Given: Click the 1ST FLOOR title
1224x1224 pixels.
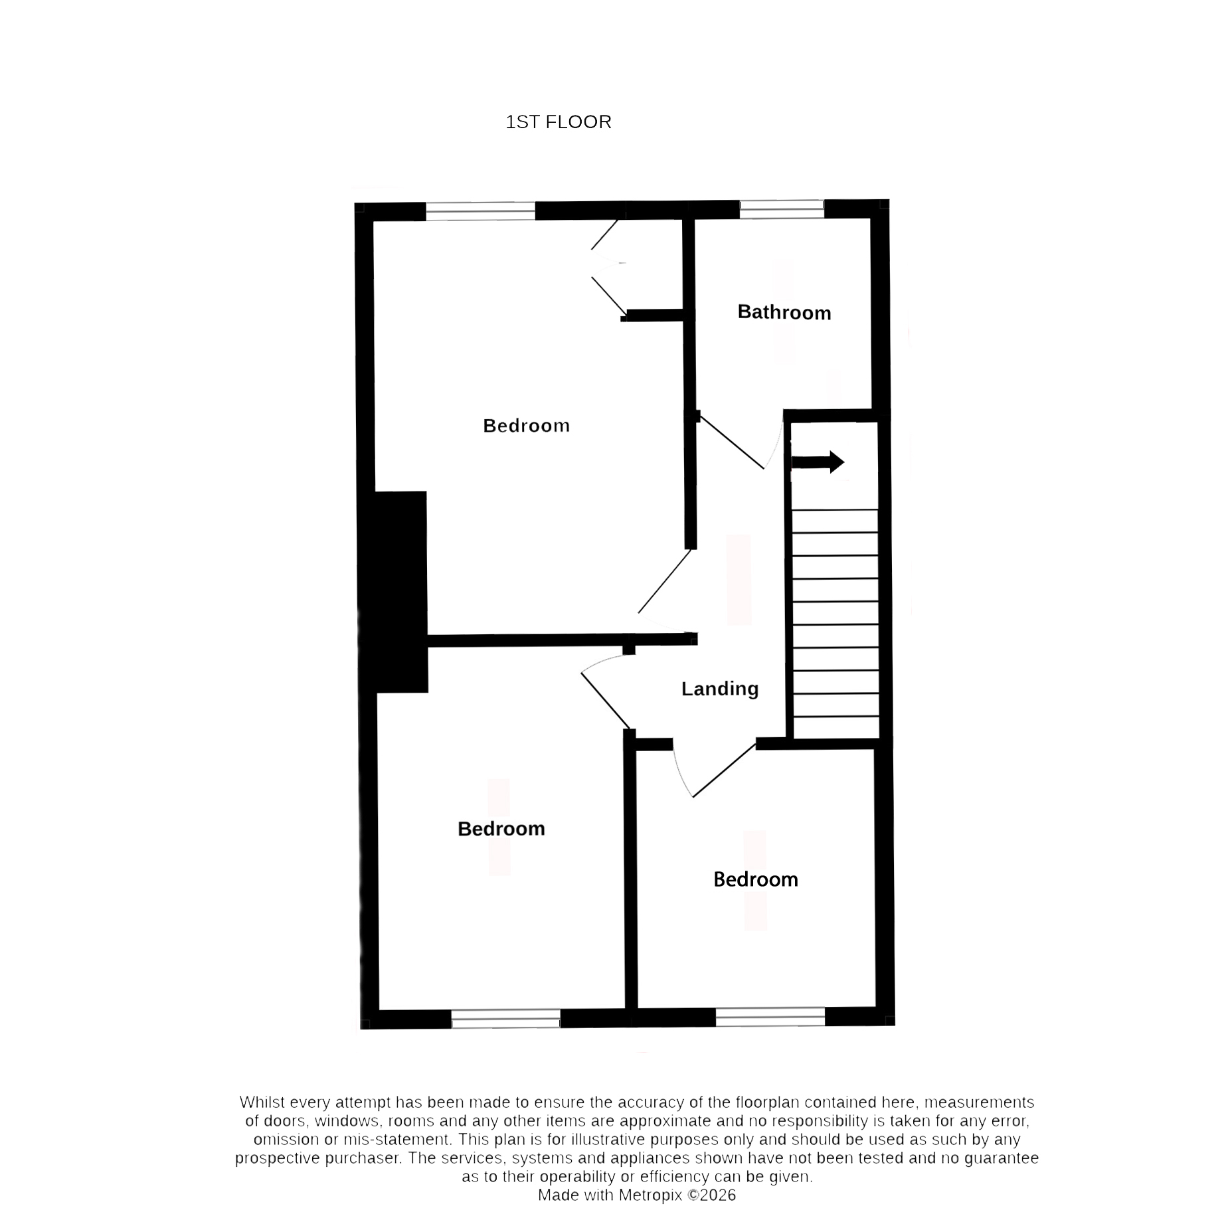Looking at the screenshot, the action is pos(559,122).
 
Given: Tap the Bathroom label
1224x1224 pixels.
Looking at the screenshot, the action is pos(784,312).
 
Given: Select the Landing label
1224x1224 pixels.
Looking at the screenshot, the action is pos(720,689).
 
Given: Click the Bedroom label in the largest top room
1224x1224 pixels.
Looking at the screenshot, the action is pos(527,426).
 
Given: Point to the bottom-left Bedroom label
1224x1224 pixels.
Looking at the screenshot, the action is pos(501,828).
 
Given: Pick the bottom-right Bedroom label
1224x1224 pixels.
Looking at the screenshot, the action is pos(756,879).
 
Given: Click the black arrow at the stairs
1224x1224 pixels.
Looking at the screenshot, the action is pos(818,462).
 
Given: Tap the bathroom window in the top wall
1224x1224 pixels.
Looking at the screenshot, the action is pos(782,209).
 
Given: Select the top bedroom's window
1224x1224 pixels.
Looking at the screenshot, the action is pos(480,211).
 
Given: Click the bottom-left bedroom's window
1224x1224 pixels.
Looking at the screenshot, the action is pos(506,1019).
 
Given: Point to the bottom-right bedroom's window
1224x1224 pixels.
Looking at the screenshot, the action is pos(770,1017).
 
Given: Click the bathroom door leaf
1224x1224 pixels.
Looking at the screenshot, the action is pos(730,441).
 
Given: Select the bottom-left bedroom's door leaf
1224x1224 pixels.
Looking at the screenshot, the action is pos(606,701).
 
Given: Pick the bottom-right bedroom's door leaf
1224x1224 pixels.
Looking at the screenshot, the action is pos(725,770).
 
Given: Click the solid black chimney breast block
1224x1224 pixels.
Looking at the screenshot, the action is pos(393,592).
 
